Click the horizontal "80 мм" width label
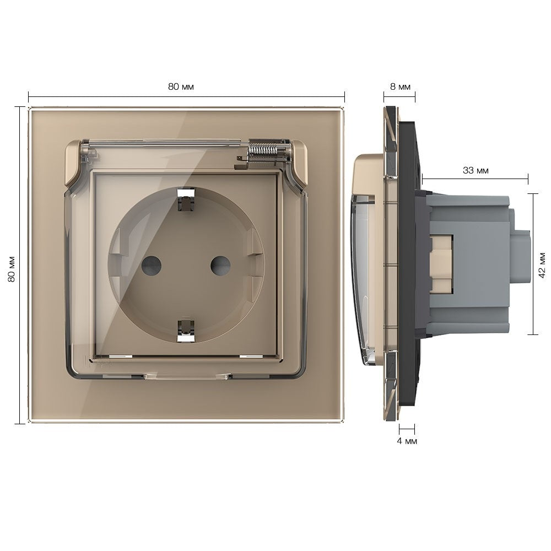click(181, 87)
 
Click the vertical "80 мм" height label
click(12, 269)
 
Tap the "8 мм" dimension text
click(400, 87)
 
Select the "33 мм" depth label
click(476, 170)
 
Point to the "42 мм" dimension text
click(542, 265)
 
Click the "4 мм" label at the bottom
click(407, 441)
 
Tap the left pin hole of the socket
click(151, 266)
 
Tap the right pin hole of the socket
click(220, 266)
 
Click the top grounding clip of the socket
click(186, 201)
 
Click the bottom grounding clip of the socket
click(186, 331)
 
